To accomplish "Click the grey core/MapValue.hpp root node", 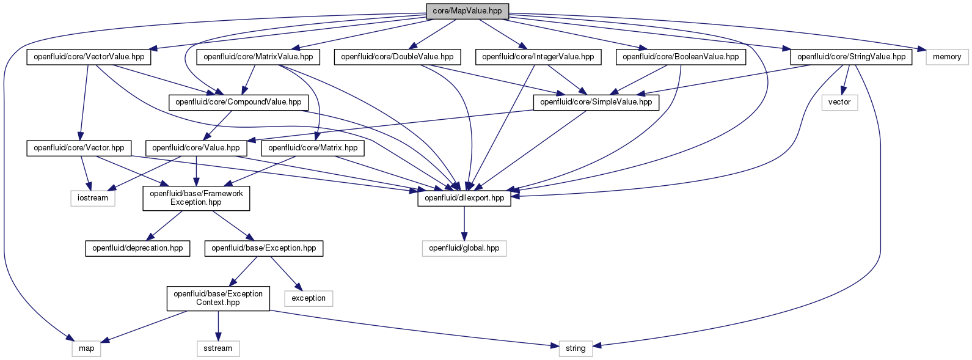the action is tap(467, 11).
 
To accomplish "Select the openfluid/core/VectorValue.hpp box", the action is tap(89, 57).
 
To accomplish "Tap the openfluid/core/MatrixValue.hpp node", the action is tap(258, 57).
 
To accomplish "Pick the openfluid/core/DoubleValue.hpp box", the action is tap(397, 57).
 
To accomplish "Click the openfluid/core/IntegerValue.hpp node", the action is tap(538, 57).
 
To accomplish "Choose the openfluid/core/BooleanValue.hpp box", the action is tap(681, 57).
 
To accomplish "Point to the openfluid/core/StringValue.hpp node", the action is tap(851, 57).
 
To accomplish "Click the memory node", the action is tap(947, 57).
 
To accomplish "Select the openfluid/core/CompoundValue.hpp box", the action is tap(238, 102).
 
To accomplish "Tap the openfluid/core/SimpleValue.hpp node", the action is tap(596, 102).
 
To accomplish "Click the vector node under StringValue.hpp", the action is tap(839, 102).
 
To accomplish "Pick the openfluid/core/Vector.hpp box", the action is tap(79, 148).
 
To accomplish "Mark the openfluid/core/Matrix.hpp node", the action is tap(313, 148).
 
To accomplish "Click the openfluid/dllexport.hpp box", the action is tap(464, 198).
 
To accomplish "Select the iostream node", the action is tap(93, 198).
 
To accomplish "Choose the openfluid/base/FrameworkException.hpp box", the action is tap(196, 198).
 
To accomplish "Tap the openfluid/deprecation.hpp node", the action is tap(137, 248).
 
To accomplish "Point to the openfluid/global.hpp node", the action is tap(464, 248).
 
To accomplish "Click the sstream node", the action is tap(218, 348).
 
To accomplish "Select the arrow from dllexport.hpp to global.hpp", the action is tap(464, 223).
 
